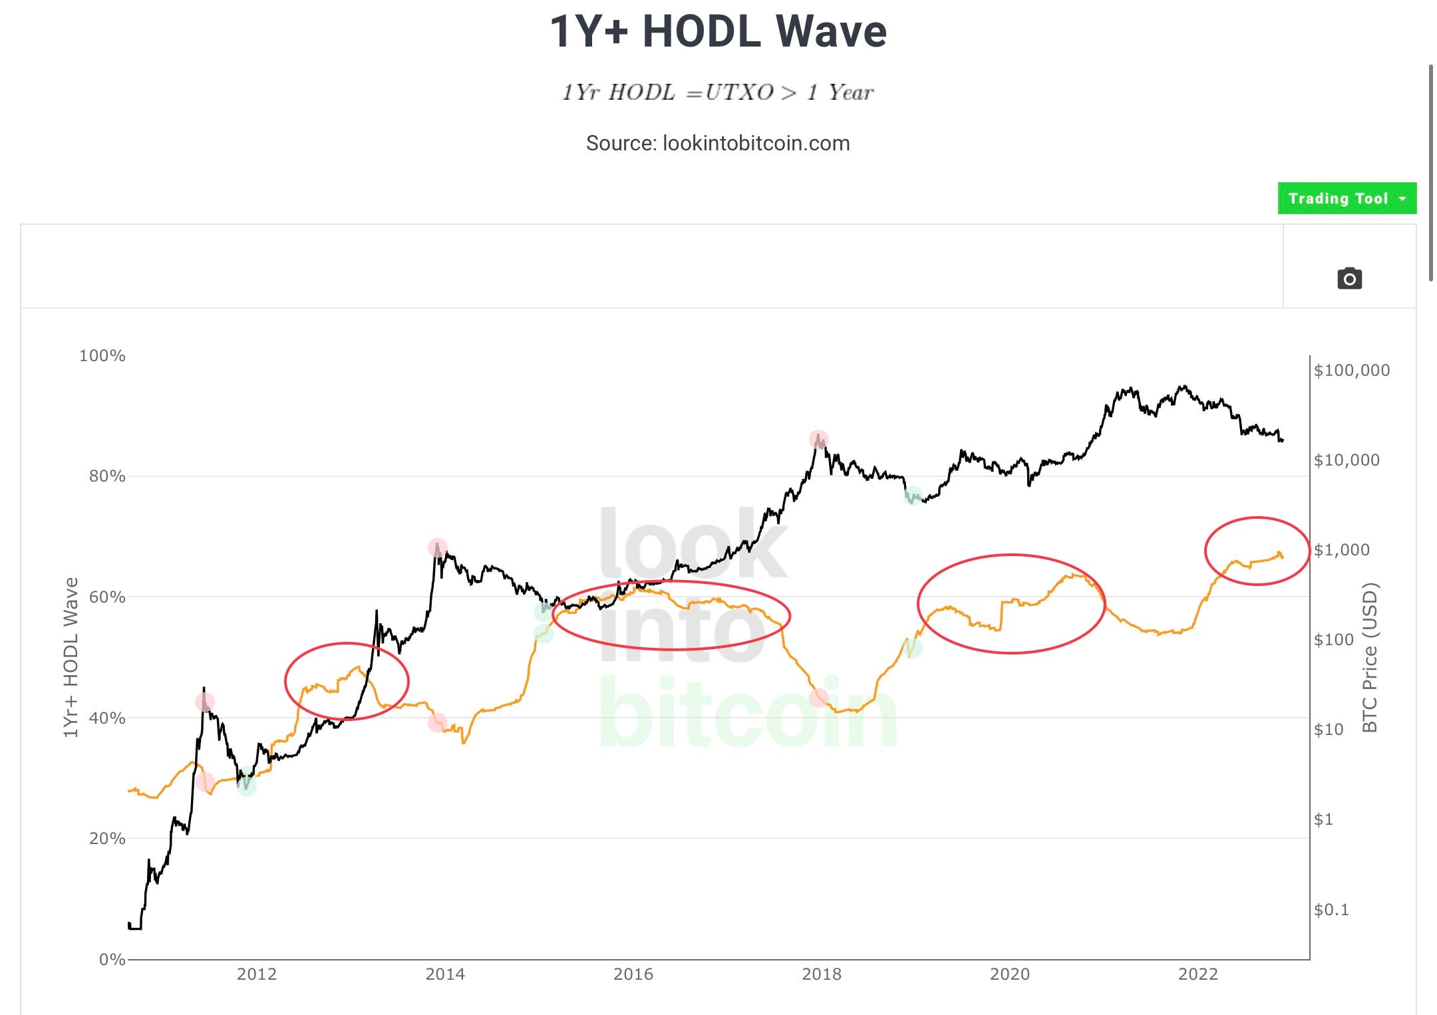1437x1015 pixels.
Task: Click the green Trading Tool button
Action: tap(1347, 198)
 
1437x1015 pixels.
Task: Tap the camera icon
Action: tap(1349, 278)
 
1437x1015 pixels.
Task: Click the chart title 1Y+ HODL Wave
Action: tap(718, 31)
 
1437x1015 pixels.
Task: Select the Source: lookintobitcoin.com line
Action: tap(718, 143)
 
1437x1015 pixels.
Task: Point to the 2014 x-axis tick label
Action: tap(445, 974)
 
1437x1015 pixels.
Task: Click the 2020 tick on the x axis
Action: tap(1009, 974)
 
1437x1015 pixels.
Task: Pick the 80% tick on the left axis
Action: tap(107, 476)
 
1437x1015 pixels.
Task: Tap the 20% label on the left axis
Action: tap(107, 838)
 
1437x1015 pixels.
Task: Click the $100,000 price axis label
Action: tap(1352, 370)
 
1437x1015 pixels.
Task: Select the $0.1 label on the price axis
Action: tap(1331, 909)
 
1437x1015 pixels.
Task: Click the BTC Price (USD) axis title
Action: tap(1369, 657)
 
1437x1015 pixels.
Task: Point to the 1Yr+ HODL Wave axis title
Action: tap(71, 657)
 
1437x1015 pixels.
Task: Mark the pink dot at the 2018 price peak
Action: tap(818, 439)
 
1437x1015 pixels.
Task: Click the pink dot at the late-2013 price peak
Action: tap(437, 548)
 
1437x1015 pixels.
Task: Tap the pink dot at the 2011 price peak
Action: tap(205, 702)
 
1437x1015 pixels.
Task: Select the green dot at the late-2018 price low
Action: tap(913, 496)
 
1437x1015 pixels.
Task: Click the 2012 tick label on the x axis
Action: tap(257, 974)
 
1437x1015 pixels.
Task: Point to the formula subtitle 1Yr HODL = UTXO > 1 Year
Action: tap(718, 92)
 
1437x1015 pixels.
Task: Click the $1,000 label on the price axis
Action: tap(1342, 549)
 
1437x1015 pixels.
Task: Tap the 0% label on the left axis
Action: tap(112, 959)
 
